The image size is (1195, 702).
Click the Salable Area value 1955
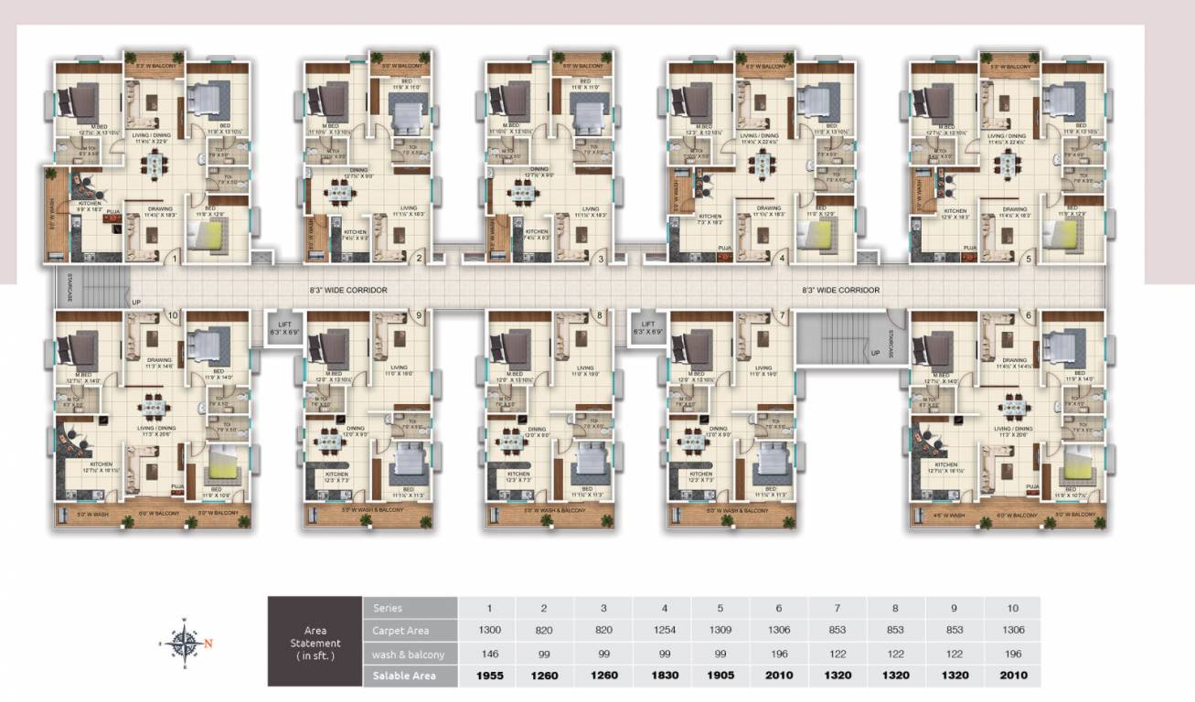(487, 675)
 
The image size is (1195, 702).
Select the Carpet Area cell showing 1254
(663, 631)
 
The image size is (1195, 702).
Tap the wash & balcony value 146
(487, 654)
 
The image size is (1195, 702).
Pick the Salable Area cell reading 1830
(663, 675)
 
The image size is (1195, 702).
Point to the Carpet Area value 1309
(721, 631)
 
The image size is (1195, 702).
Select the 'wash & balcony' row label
(408, 654)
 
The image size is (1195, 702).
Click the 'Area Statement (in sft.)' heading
(315, 642)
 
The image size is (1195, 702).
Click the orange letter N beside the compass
(208, 643)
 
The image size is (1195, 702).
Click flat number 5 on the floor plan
(1029, 259)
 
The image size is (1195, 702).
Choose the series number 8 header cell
(897, 608)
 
